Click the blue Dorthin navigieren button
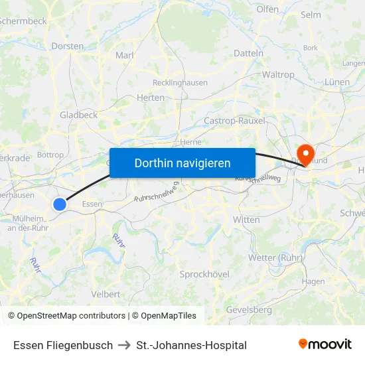(x=183, y=163)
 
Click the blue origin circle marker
(x=60, y=204)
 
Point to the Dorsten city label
(x=67, y=46)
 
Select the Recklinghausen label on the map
(x=180, y=83)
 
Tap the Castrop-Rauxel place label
(x=235, y=121)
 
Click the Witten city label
(x=247, y=220)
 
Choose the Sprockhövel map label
(x=204, y=274)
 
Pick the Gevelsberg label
(x=249, y=310)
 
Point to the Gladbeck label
(x=78, y=115)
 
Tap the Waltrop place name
(x=278, y=75)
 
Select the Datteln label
(x=249, y=53)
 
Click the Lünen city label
(x=337, y=82)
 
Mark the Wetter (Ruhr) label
(x=275, y=257)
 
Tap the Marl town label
(x=125, y=56)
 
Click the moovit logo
(x=325, y=344)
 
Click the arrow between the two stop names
(x=124, y=345)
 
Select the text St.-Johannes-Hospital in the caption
(x=191, y=345)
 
